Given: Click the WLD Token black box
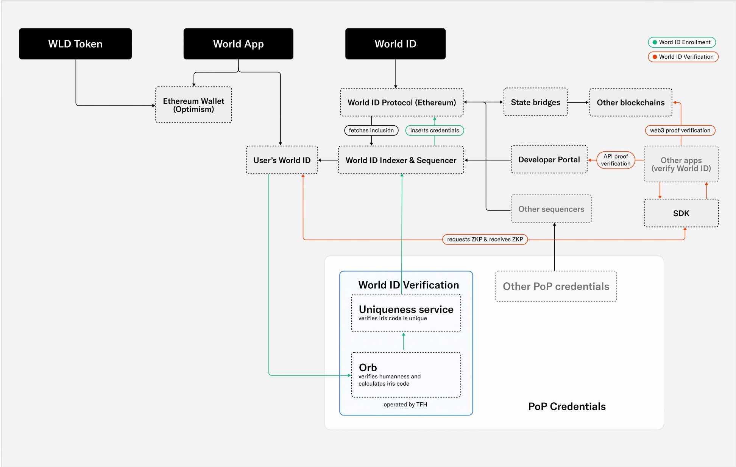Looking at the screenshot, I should pos(75,44).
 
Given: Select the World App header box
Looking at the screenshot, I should pos(238,44).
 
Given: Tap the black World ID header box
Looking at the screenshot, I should pos(395,44).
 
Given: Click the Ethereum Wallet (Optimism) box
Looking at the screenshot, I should pos(193,105).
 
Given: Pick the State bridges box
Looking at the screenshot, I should pos(535,102).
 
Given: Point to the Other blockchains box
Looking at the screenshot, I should pos(630,102).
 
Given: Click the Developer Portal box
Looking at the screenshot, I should pos(549,160).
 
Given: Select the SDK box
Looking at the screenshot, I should pos(681,213).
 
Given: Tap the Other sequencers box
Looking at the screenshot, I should pos(551,209).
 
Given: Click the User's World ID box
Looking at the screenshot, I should pos(282,160).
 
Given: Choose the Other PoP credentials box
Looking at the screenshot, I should pos(556,286).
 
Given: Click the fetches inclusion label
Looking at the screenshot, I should pos(371,130).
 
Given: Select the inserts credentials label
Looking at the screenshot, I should pos(434,130).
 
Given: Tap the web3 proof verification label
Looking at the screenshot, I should pos(680,130).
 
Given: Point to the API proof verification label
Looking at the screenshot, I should pos(616,160).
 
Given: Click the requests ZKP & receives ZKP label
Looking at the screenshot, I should pos(485,239).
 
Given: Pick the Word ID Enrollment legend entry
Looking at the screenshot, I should pos(682,42).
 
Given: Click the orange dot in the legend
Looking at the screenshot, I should pos(655,57).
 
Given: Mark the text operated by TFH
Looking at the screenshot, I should pos(405,405).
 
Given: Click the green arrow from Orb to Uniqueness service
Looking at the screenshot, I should pos(404,341).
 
